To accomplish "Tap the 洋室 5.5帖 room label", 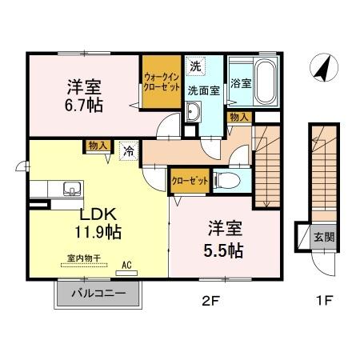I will click(224, 238).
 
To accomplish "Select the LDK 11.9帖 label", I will click(98, 224).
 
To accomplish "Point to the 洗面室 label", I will click(204, 90).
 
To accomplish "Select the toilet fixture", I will click(225, 180).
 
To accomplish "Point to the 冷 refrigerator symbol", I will click(127, 149).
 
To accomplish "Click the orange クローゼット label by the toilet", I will click(190, 181).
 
